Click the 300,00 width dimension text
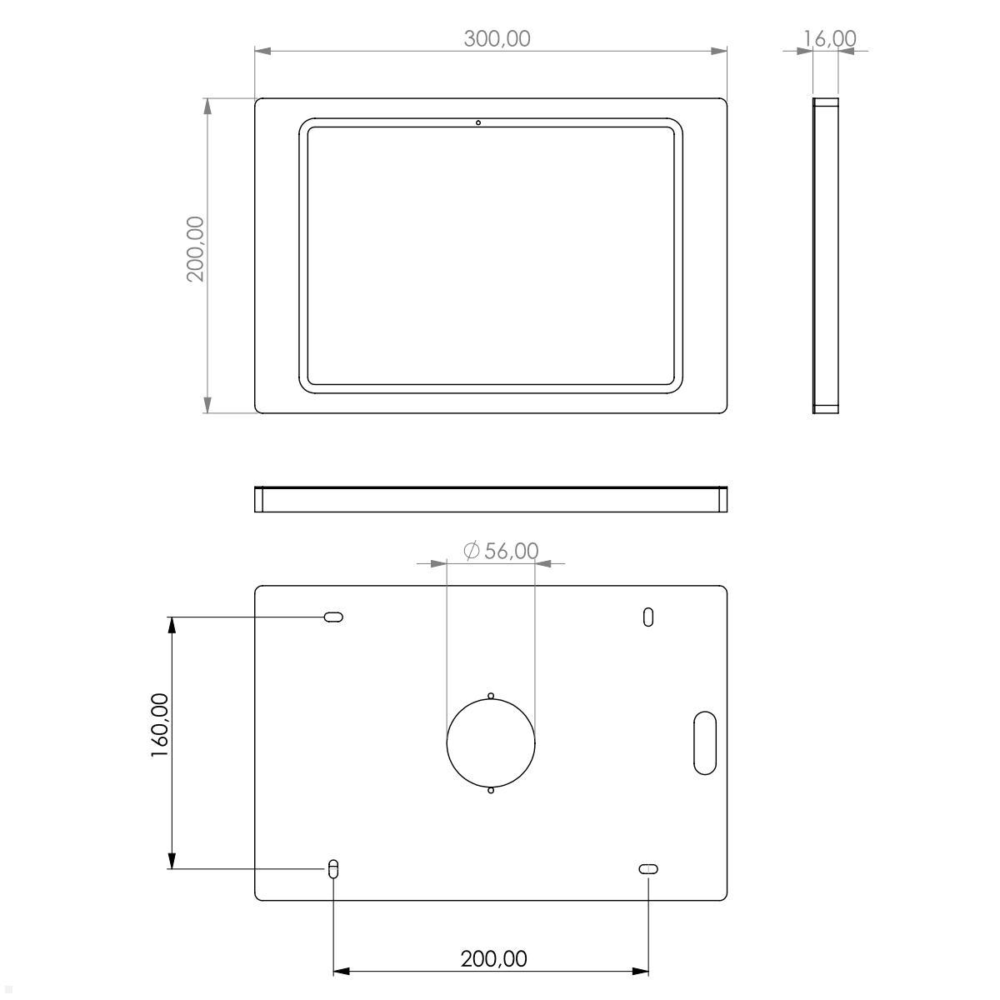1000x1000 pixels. [x=497, y=38]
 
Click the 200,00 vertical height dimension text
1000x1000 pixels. [x=195, y=248]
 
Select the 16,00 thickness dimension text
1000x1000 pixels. [x=829, y=38]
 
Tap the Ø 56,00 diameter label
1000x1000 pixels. [x=500, y=551]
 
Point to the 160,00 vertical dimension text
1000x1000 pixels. [x=160, y=725]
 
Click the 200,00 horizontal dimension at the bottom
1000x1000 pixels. [x=493, y=958]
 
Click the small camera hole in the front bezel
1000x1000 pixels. [x=478, y=123]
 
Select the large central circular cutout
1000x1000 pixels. [x=491, y=743]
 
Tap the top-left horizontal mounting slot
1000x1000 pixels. [x=333, y=617]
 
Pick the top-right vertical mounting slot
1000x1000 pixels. [x=648, y=617]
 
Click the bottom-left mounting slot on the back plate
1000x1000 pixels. [x=333, y=868]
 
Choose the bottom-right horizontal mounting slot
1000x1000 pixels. [x=648, y=869]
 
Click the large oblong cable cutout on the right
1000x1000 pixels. [x=705, y=742]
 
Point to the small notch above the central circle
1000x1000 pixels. [x=491, y=696]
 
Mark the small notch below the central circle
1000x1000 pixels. [x=491, y=790]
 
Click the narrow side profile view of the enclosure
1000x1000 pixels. [x=825, y=255]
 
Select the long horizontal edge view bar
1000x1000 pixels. [x=491, y=498]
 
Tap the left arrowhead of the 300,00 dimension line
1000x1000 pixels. [x=263, y=52]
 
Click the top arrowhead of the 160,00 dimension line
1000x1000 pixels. [x=172, y=626]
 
